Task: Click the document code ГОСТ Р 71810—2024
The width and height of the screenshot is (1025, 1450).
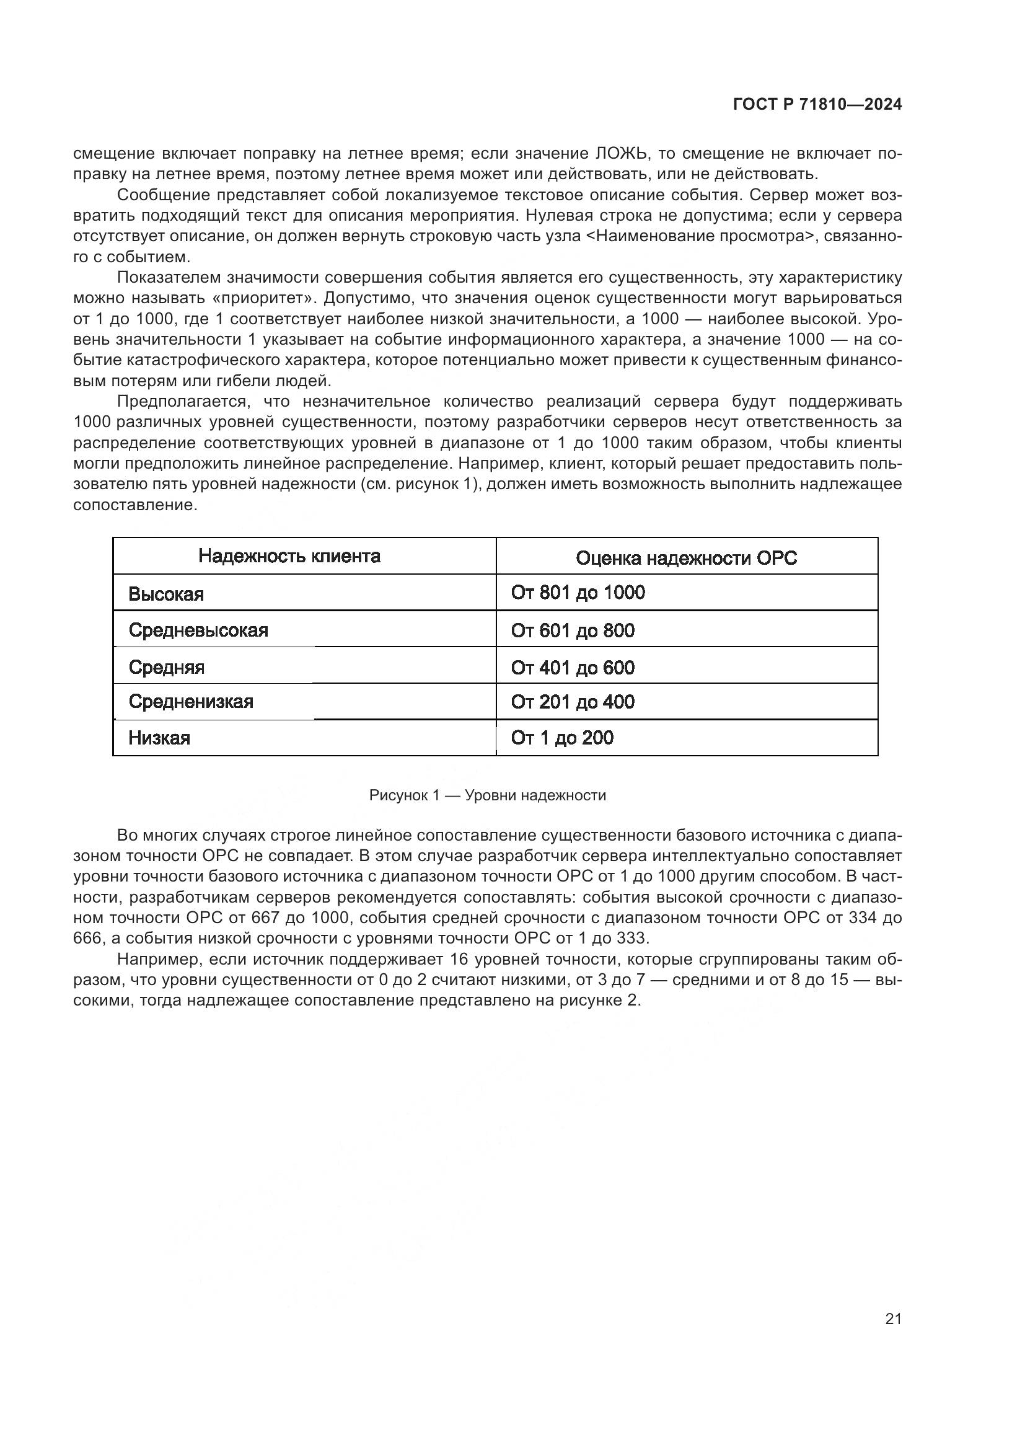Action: (817, 105)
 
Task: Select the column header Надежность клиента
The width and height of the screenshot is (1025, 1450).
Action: (289, 555)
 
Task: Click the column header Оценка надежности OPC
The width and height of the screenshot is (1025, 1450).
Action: (686, 558)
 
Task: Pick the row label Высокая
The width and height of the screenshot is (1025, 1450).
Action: (166, 594)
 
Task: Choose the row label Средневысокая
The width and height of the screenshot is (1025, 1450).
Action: (198, 630)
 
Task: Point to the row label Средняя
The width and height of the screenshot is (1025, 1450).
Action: (167, 667)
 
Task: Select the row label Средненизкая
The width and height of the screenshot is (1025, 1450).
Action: (191, 701)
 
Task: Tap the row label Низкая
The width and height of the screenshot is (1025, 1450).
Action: (159, 738)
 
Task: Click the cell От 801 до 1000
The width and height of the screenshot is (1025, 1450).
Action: (578, 593)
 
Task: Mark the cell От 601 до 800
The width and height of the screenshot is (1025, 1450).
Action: (573, 630)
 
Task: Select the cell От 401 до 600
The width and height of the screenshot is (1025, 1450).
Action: (573, 668)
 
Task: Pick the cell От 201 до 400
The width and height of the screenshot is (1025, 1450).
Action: (573, 702)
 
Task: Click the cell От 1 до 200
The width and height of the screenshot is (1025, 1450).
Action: (561, 738)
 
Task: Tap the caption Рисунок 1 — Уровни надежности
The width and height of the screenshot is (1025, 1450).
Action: (487, 795)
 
